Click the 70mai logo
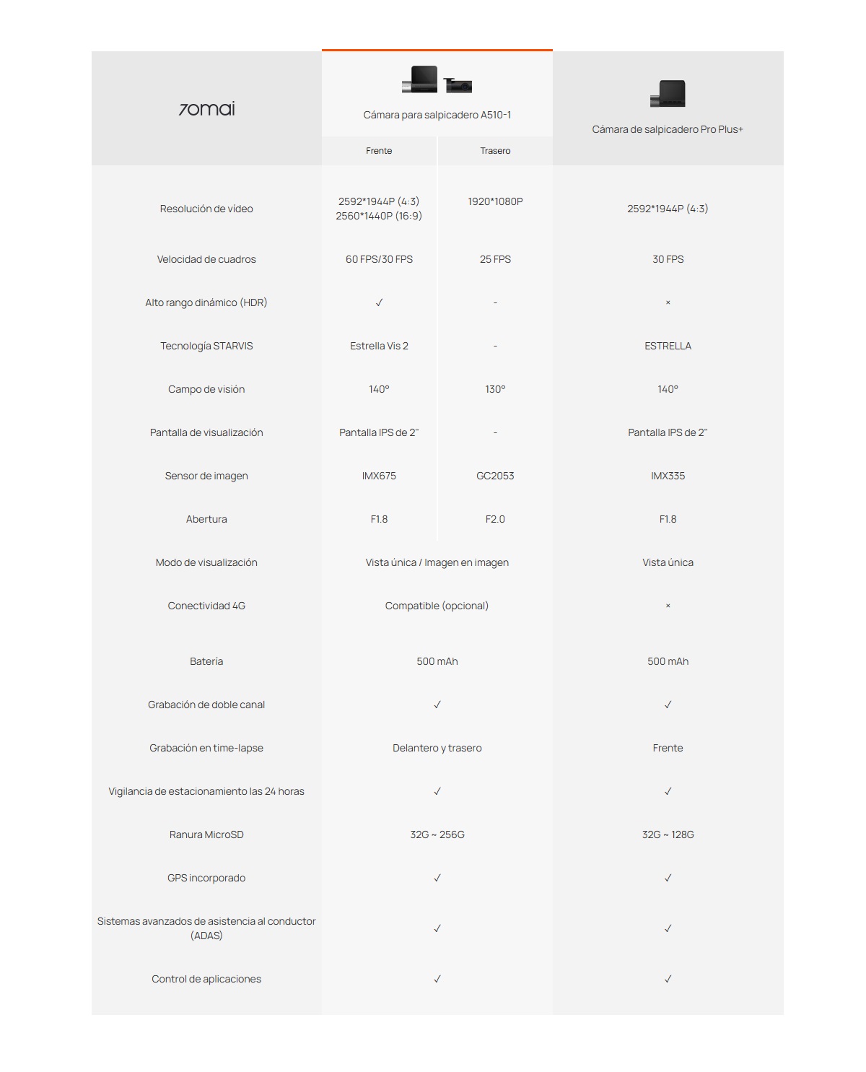click(206, 109)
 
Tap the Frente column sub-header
click(379, 151)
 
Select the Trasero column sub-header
click(495, 151)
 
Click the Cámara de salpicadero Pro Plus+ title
click(668, 129)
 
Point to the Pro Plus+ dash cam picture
click(668, 94)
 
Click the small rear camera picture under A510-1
click(458, 85)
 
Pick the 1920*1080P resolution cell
click(495, 201)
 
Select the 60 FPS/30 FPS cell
click(379, 259)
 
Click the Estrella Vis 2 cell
click(379, 346)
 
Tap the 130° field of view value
click(495, 389)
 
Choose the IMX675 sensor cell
click(379, 476)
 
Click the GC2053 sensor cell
click(495, 476)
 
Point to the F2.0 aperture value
click(495, 519)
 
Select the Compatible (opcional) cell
click(437, 606)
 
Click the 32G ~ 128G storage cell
click(668, 834)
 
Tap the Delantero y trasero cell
click(437, 748)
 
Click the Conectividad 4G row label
click(206, 606)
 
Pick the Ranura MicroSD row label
click(206, 834)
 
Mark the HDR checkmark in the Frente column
click(379, 302)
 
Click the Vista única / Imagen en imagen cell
click(437, 562)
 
